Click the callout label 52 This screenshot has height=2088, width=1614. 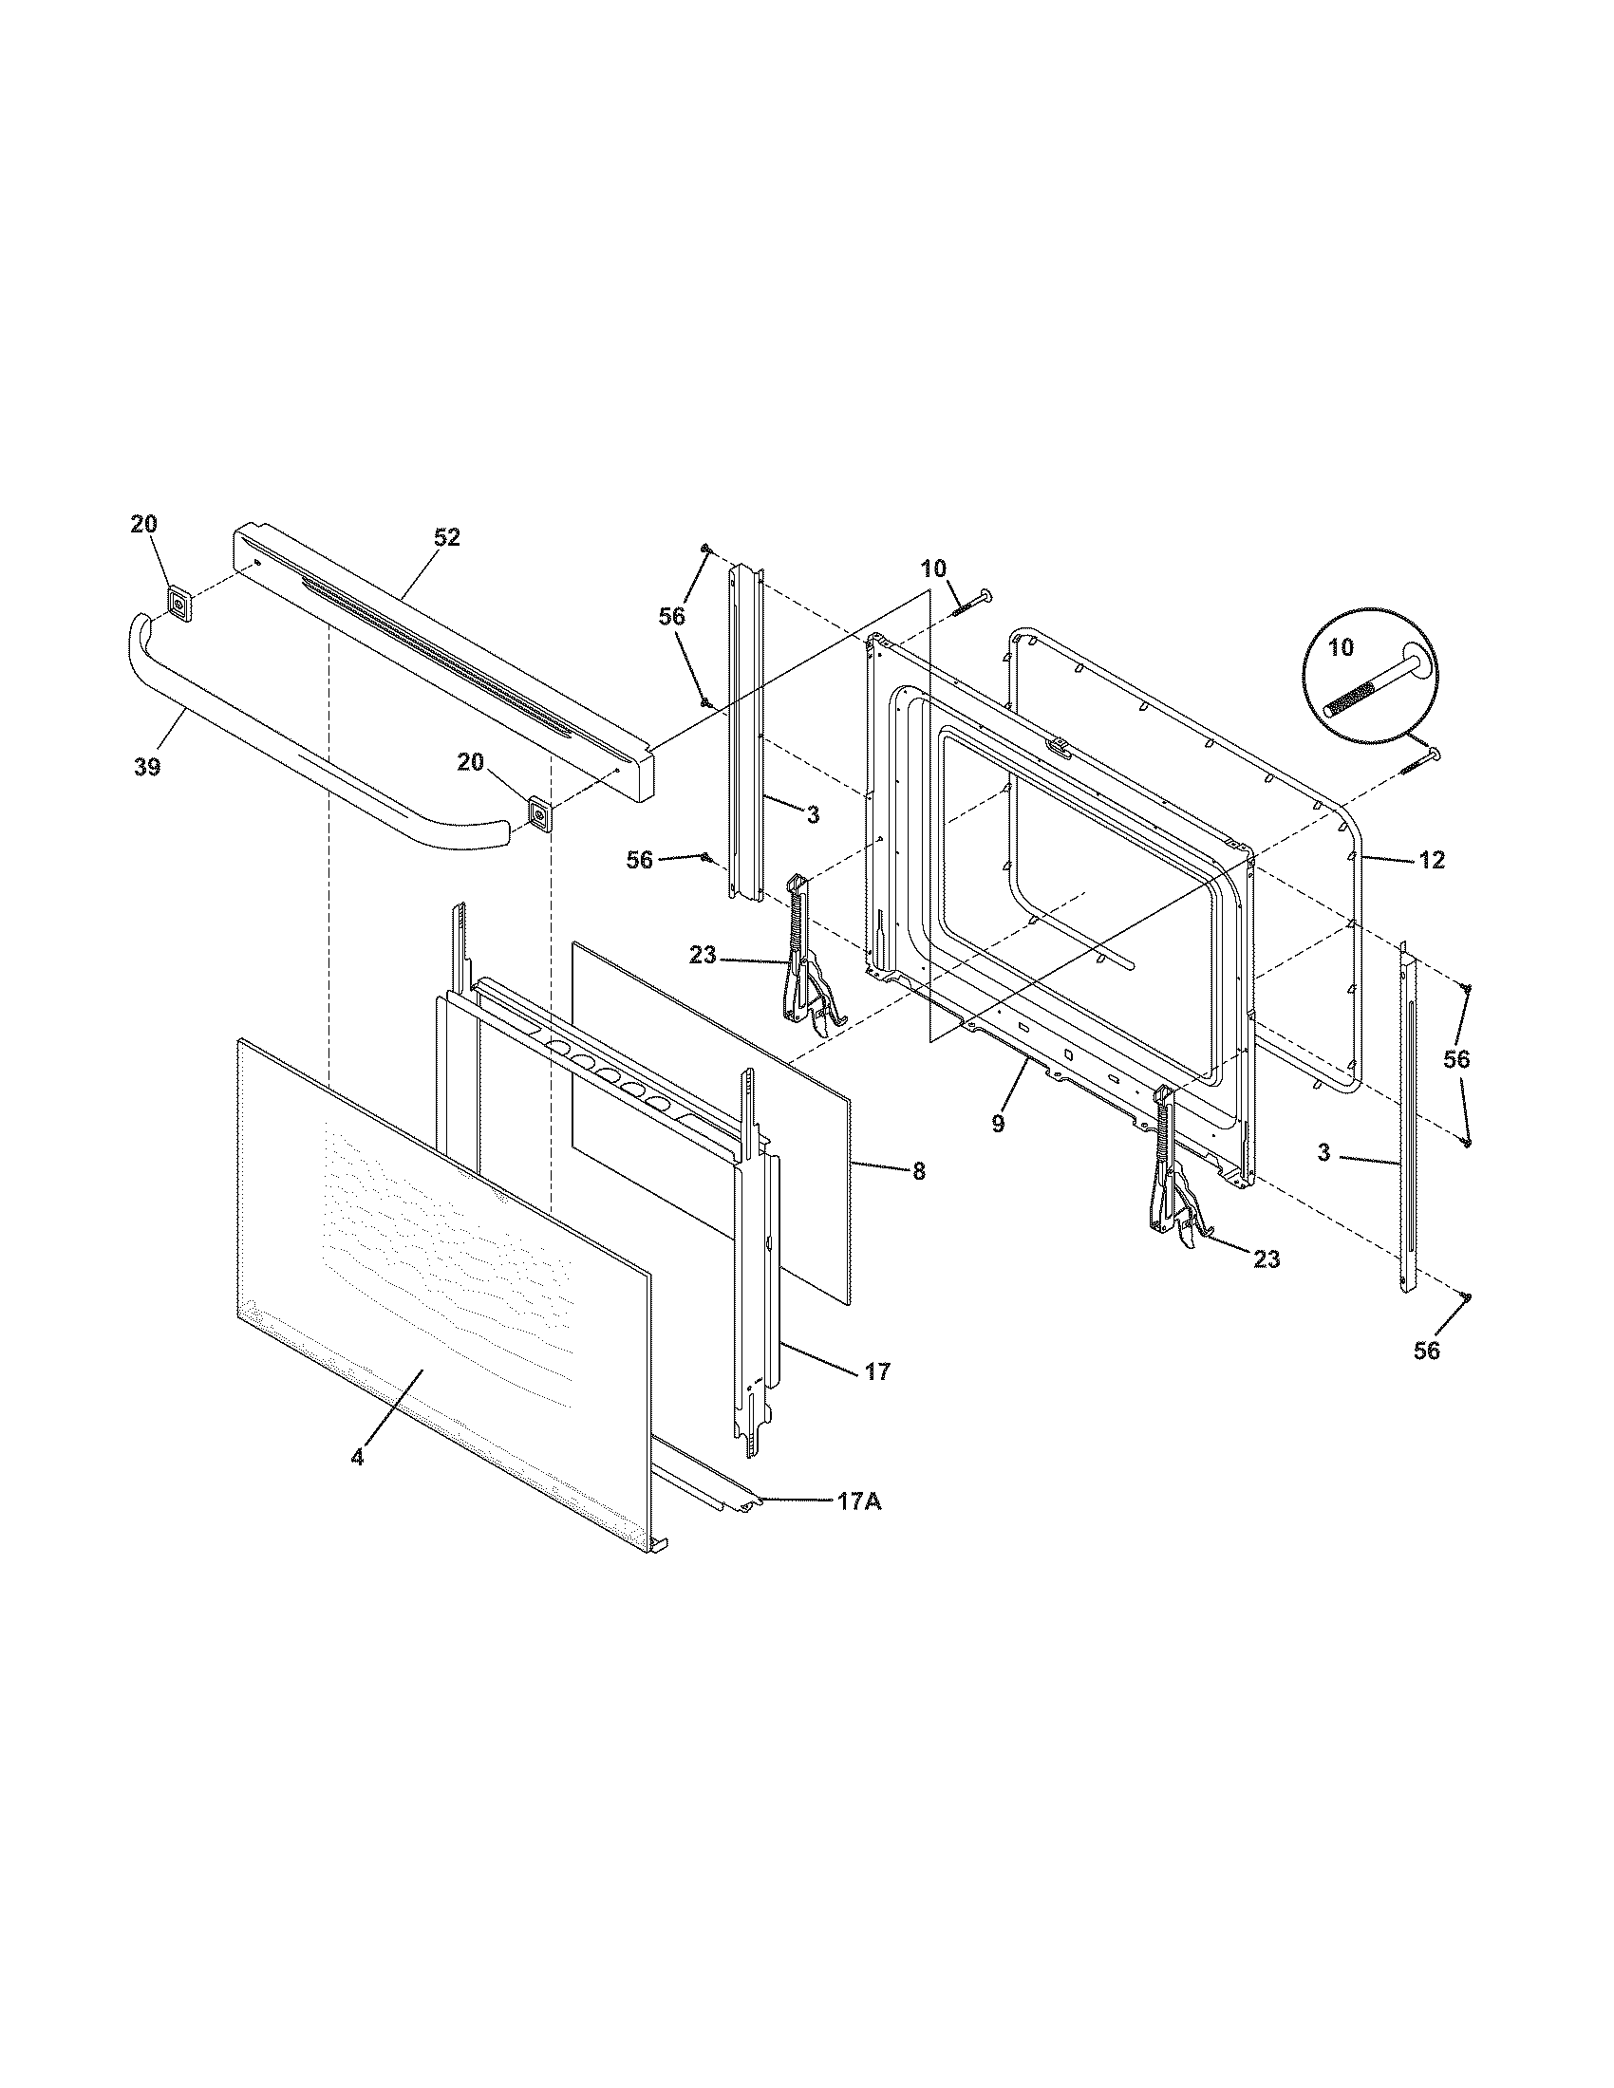tap(446, 538)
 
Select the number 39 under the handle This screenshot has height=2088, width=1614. tap(147, 766)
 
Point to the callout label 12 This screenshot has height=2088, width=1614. tap(1431, 861)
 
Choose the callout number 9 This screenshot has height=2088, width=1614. tap(998, 1125)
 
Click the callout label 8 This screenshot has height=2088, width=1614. tap(919, 1172)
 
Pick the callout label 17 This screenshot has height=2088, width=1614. tap(877, 1372)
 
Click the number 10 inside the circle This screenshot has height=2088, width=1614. tap(1342, 647)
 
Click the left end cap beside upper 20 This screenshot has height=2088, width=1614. tap(178, 605)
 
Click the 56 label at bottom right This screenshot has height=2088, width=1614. tap(1426, 1351)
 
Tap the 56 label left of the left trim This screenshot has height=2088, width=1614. tap(640, 861)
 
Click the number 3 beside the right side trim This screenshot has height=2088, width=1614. tap(1323, 1154)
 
